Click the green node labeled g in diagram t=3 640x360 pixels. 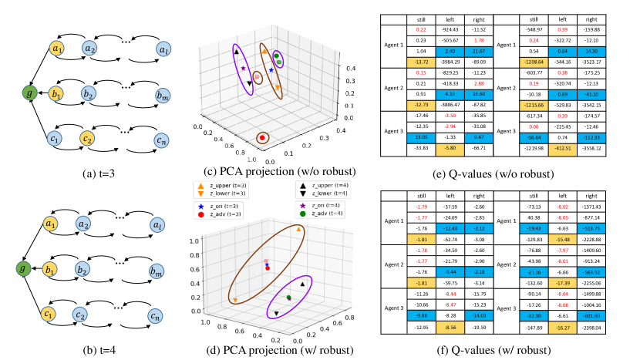click(29, 94)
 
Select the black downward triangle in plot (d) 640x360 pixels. click(277, 313)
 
